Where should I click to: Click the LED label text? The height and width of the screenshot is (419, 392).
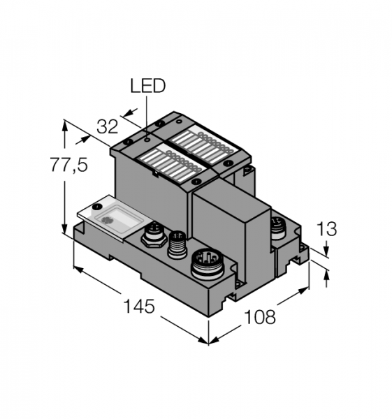(x=148, y=86)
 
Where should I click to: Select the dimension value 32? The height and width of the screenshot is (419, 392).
(x=107, y=126)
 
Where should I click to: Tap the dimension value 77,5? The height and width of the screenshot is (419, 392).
(x=69, y=165)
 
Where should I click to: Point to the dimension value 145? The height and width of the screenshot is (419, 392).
(x=139, y=306)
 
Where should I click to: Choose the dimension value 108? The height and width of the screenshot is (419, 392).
(x=260, y=316)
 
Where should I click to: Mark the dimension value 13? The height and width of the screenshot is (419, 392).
(x=326, y=229)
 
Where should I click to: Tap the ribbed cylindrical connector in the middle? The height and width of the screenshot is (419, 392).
(x=177, y=244)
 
